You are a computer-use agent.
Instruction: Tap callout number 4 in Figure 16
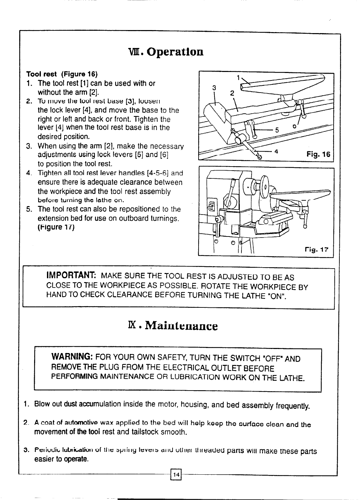(276, 152)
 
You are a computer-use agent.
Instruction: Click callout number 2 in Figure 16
(232, 94)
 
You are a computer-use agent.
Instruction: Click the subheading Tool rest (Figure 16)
(57, 74)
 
